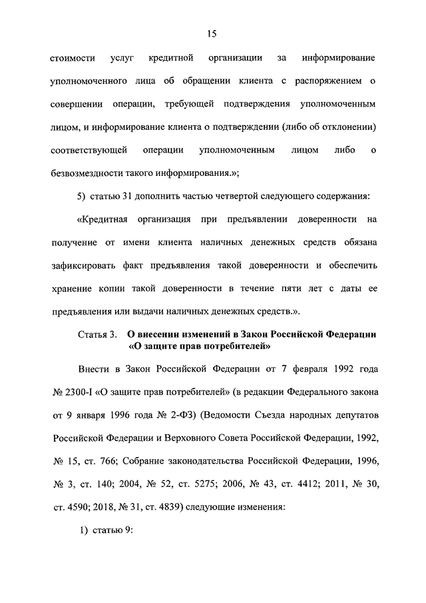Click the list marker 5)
coord(84,196)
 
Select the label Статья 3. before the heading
coord(97,334)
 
